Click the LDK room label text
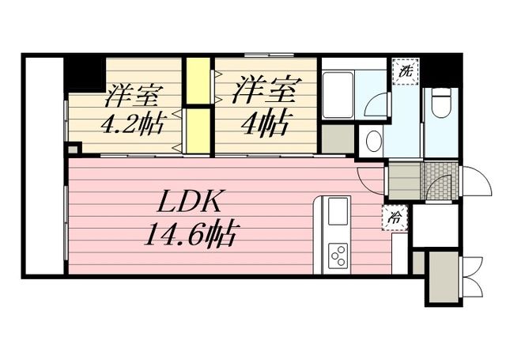click(193, 203)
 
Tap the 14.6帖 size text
click(193, 235)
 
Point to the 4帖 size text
click(265, 122)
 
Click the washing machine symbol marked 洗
click(405, 70)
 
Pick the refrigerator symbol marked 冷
click(394, 214)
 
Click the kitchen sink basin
click(335, 212)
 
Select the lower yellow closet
click(198, 131)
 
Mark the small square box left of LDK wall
click(74, 148)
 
